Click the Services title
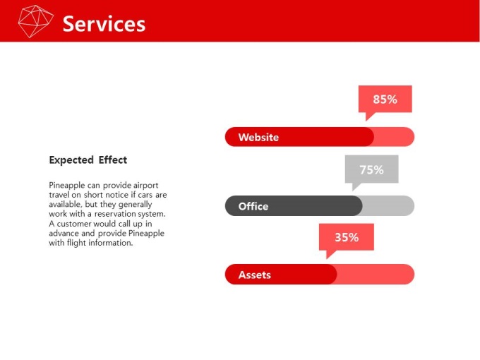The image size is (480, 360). coord(104,24)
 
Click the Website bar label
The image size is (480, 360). coord(258,137)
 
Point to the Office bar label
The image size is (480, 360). coord(253,206)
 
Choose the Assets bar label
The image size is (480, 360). coord(255,275)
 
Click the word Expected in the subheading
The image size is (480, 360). coord(71,160)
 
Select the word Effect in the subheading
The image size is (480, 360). coord(113,160)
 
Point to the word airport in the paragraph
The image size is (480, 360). coord(145,186)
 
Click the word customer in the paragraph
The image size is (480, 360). coord(74,224)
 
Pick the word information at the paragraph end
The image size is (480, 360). coord(111,243)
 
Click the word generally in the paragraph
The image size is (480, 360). coord(135,205)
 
